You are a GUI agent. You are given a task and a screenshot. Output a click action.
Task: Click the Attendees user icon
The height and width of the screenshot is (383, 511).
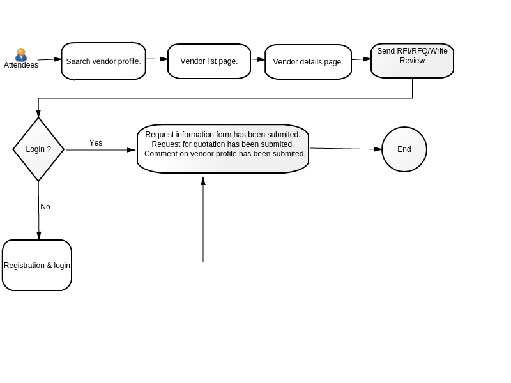coord(21,54)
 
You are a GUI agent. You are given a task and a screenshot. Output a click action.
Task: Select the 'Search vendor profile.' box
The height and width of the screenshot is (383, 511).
coord(103,61)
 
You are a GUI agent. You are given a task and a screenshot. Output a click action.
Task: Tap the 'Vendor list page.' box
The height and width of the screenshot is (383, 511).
coord(210,61)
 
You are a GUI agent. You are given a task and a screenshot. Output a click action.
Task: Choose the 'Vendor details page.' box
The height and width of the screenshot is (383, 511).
coord(309,62)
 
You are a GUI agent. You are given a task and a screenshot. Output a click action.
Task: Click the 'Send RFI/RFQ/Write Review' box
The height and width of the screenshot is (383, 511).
coord(412,61)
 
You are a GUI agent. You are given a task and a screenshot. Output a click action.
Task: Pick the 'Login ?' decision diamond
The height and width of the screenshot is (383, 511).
coord(38,149)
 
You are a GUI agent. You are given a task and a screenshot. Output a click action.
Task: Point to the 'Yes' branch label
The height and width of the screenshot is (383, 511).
coord(96,142)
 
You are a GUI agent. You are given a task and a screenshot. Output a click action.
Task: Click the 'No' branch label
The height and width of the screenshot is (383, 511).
coord(45,206)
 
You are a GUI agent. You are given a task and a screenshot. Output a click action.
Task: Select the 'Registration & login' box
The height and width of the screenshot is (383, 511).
coord(37,265)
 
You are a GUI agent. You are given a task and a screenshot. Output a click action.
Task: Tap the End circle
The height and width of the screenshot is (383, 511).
coord(404,149)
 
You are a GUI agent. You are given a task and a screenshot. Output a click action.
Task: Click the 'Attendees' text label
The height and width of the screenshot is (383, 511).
coord(21,65)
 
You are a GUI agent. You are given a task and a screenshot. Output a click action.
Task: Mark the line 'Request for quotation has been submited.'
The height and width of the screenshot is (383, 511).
coord(222,144)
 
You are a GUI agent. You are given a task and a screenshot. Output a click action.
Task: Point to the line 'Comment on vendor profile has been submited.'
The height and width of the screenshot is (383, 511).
coord(225,154)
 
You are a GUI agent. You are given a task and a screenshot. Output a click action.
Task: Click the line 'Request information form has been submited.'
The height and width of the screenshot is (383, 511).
coord(222,135)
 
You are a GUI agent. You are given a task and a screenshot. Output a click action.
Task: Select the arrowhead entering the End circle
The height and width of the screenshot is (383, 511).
coord(378,149)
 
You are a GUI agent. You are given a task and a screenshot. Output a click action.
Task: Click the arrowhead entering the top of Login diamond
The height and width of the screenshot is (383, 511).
coord(38,114)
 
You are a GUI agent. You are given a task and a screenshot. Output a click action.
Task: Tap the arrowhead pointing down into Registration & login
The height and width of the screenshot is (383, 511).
coord(39,236)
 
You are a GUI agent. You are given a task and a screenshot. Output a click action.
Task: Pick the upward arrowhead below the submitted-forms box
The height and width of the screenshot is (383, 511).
coord(203,181)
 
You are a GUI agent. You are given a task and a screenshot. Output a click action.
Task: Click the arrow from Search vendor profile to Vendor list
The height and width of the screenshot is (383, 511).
coord(156,59)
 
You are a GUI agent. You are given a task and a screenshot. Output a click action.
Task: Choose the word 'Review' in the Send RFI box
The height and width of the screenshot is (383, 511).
coord(412,61)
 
